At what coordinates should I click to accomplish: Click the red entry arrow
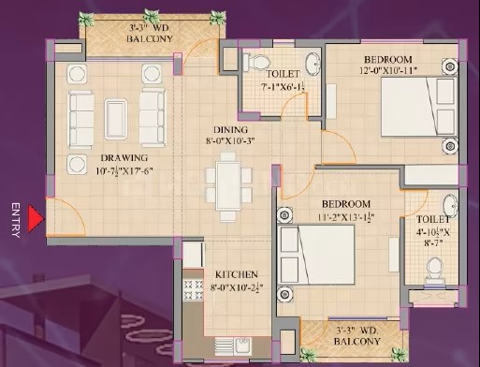[x=35, y=218]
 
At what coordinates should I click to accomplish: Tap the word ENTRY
[x=16, y=220]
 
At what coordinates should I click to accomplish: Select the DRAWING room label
[x=124, y=158]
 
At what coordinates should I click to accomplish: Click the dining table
[x=228, y=186]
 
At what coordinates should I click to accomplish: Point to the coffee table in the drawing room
[x=116, y=119]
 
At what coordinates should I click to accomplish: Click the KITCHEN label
[x=237, y=274]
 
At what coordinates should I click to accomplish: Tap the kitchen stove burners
[x=193, y=290]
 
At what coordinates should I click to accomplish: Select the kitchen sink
[x=243, y=346]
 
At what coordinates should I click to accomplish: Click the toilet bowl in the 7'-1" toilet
[x=256, y=62]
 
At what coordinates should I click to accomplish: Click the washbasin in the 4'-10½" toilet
[x=450, y=206]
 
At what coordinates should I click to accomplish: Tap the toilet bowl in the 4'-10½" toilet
[x=435, y=271]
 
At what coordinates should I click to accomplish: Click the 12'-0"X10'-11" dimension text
[x=388, y=70]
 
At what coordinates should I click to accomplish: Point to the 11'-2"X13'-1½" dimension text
[x=346, y=216]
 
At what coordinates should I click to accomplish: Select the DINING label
[x=230, y=129]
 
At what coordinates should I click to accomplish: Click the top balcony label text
[x=150, y=34]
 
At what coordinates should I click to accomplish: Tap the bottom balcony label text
[x=356, y=336]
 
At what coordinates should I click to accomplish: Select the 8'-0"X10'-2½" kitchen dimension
[x=235, y=287]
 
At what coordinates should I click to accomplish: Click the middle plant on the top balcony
[x=151, y=18]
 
